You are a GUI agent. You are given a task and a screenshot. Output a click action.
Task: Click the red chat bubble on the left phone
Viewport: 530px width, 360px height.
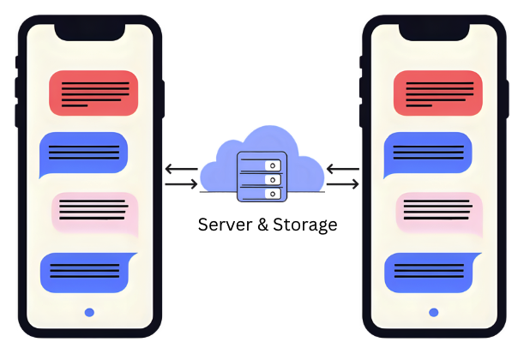93,93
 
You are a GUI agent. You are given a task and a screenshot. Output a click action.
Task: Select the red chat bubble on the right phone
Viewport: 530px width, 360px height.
437,93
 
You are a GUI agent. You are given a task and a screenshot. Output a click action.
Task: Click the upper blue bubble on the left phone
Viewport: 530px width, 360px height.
83,154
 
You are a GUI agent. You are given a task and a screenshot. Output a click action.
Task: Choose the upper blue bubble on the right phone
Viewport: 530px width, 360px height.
427,154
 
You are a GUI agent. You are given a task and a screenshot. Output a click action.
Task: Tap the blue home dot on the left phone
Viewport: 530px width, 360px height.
89,313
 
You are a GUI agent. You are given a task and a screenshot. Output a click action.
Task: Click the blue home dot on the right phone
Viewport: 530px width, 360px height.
433,313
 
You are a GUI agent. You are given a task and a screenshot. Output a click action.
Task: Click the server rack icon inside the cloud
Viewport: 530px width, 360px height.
261,177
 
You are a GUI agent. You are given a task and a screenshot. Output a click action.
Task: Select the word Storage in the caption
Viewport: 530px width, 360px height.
305,225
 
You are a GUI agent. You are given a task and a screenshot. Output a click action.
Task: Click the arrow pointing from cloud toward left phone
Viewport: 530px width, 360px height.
180,169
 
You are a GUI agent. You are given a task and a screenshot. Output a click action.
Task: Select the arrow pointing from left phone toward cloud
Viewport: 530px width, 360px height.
180,183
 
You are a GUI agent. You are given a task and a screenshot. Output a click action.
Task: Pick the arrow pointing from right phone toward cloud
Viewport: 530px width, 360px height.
342,169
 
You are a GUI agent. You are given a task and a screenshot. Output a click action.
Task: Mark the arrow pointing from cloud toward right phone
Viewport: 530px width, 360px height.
342,183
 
